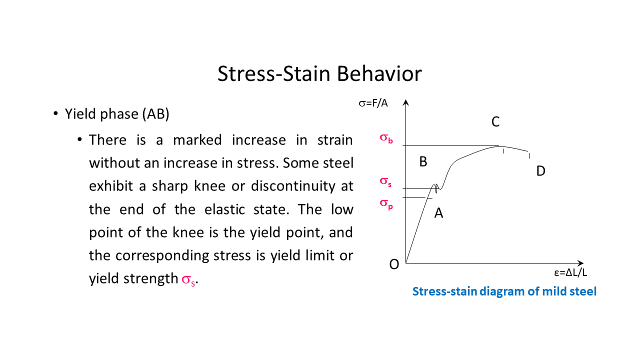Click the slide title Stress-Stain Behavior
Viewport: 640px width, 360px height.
pyautogui.click(x=319, y=73)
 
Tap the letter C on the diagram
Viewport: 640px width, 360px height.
pyautogui.click(x=495, y=122)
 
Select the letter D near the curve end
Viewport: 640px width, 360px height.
pyautogui.click(x=540, y=171)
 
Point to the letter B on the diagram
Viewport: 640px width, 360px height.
pyautogui.click(x=423, y=162)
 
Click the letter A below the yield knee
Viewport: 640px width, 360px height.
pyautogui.click(x=438, y=213)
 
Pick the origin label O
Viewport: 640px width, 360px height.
pyautogui.click(x=394, y=265)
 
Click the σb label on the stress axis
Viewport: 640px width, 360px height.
pyautogui.click(x=386, y=138)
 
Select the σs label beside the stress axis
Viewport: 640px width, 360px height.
pyautogui.click(x=385, y=181)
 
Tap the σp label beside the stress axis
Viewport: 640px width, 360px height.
pyautogui.click(x=386, y=203)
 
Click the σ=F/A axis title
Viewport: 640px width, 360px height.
pyautogui.click(x=373, y=103)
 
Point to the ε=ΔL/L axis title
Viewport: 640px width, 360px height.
pyautogui.click(x=570, y=273)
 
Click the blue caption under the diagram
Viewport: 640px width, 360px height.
pyautogui.click(x=504, y=291)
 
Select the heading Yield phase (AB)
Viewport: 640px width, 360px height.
pyautogui.click(x=117, y=114)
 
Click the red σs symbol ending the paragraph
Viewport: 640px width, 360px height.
pyautogui.click(x=187, y=279)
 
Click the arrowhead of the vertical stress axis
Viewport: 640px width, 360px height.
pyautogui.click(x=406, y=103)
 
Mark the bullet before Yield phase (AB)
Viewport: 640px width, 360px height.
pyautogui.click(x=56, y=114)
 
